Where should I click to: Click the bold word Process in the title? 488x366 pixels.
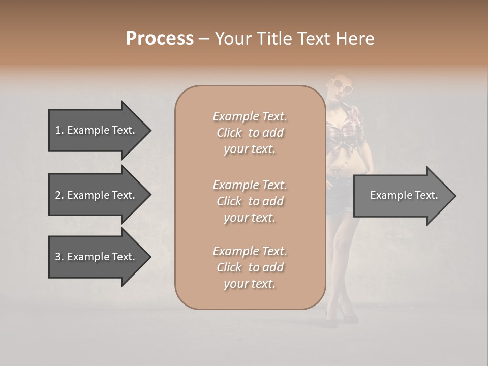pos(160,39)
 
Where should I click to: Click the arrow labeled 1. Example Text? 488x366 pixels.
pos(95,130)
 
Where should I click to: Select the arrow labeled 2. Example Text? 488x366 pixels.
pos(95,195)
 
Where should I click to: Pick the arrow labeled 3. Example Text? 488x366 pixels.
pos(95,257)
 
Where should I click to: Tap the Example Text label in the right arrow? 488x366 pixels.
pos(404,195)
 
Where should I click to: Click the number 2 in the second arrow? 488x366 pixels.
pos(58,195)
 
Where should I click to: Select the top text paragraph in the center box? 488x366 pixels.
pos(250,133)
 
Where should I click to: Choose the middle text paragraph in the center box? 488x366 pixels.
pos(250,201)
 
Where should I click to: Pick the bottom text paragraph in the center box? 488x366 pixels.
pos(250,267)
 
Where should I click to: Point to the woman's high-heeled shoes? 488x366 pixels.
pos(341,317)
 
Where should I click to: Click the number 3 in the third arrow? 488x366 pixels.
pos(58,257)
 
